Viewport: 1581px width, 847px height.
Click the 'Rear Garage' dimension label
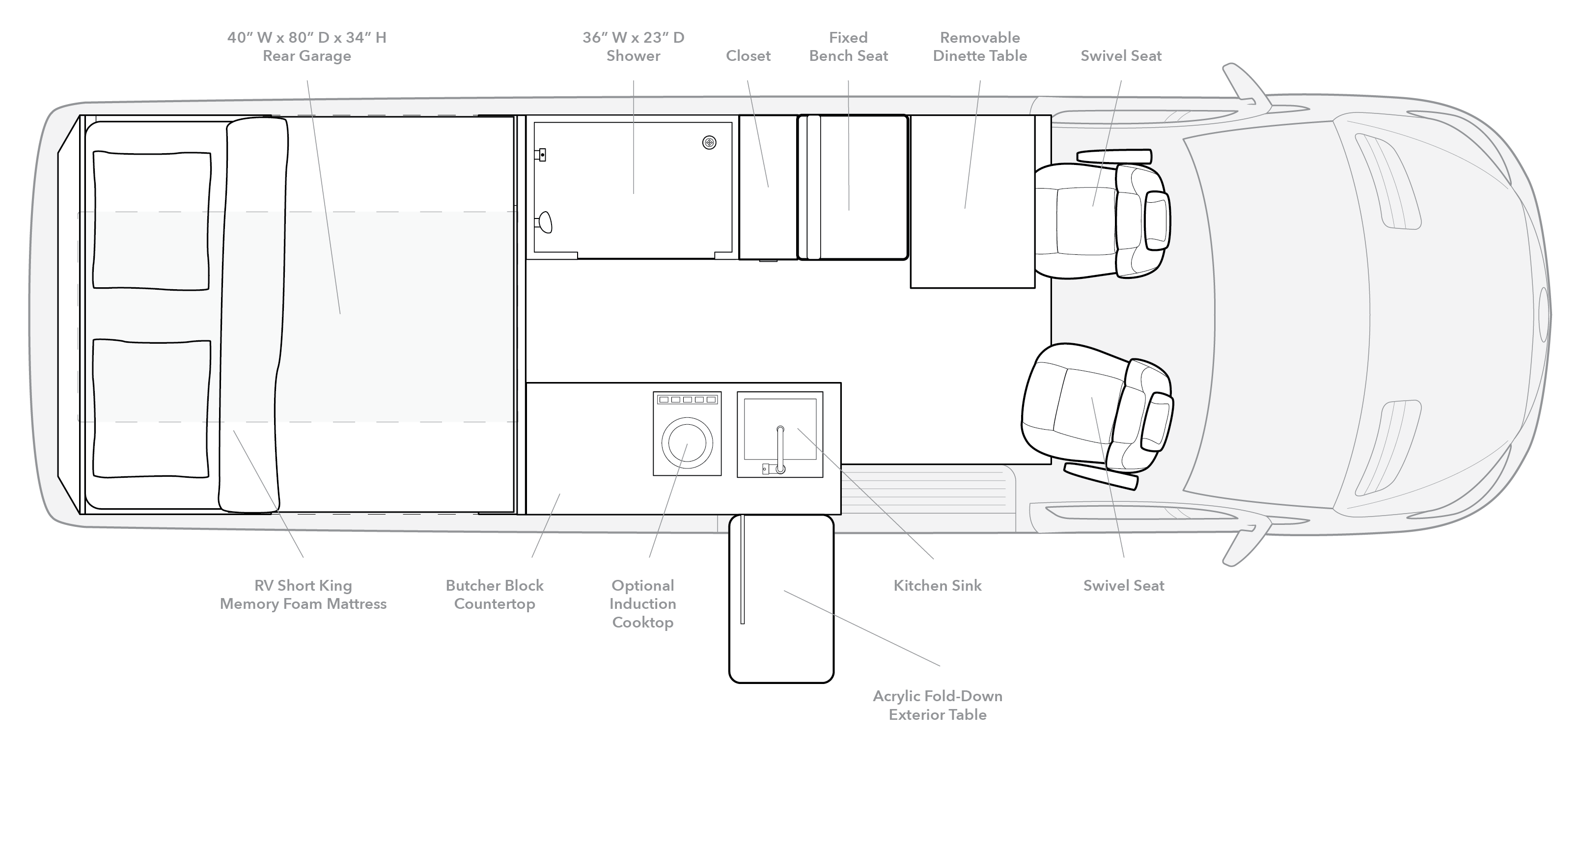click(x=307, y=47)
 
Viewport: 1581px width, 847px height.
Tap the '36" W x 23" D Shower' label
click(x=634, y=47)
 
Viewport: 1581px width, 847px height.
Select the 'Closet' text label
click(x=748, y=56)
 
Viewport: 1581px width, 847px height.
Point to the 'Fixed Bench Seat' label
click(x=849, y=47)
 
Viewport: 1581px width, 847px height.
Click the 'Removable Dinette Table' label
click(x=980, y=47)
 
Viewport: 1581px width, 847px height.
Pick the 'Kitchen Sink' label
click(x=938, y=585)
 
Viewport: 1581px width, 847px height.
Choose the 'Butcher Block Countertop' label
click(x=495, y=595)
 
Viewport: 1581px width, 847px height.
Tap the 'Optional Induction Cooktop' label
click(x=642, y=604)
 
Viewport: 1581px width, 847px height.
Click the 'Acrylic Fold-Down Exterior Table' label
click(x=938, y=705)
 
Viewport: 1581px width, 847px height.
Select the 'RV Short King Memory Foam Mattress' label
click(x=303, y=595)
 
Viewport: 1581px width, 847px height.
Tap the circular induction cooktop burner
click(x=687, y=442)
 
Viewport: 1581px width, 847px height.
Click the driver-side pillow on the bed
click(x=152, y=220)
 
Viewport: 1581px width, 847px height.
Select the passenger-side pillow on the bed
click(x=152, y=408)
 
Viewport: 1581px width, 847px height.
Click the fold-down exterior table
click(x=781, y=599)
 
